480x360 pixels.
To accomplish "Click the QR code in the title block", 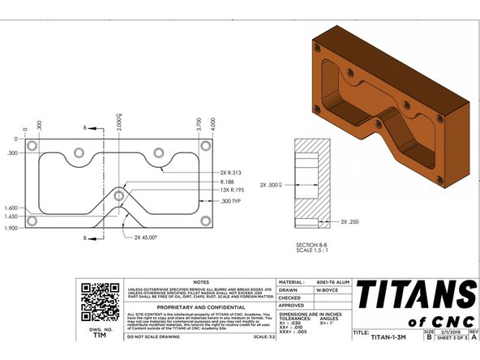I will (95, 296).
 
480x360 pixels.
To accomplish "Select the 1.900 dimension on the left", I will (10, 229).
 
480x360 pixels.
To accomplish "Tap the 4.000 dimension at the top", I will (212, 125).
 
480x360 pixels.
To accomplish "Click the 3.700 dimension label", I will (199, 125).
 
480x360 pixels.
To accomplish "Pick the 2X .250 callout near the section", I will (350, 221).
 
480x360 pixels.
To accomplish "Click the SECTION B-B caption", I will (312, 244).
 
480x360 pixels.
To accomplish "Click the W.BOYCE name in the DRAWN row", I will (327, 289).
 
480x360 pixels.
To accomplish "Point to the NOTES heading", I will (201, 281).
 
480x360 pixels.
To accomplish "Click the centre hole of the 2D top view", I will (119, 195).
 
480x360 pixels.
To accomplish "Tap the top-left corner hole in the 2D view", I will (32, 146).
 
